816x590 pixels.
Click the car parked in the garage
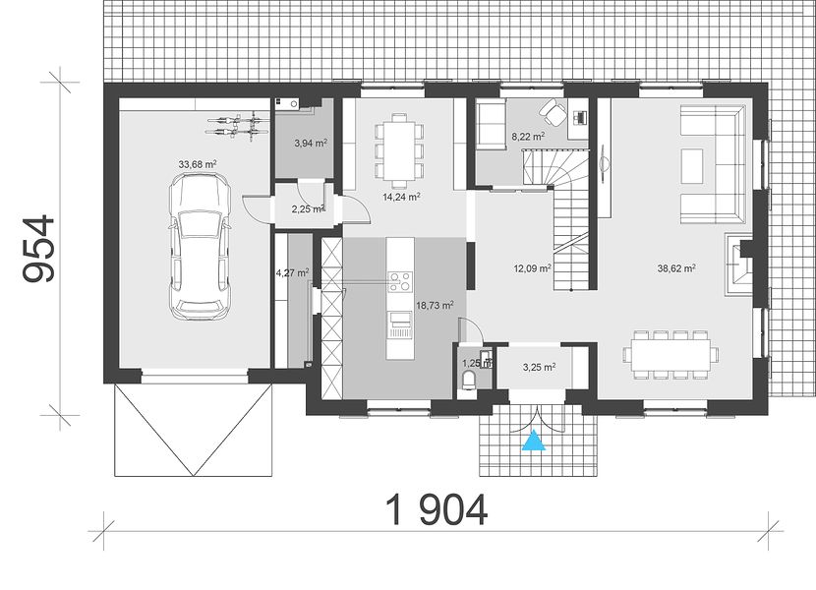click(200, 246)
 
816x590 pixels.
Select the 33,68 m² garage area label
click(198, 164)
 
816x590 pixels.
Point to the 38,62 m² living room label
click(676, 268)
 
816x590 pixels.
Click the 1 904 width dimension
click(437, 509)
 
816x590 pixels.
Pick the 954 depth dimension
click(38, 249)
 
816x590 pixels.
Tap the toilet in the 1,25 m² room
click(468, 381)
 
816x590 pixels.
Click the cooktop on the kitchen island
click(400, 281)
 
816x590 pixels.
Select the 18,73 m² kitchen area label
click(436, 305)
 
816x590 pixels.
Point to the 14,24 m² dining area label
click(400, 197)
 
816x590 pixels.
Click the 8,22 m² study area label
click(528, 137)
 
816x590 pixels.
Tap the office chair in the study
click(553, 110)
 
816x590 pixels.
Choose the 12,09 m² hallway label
click(532, 268)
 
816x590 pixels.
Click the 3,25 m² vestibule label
click(539, 367)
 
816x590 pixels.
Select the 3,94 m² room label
click(311, 144)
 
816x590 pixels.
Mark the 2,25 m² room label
click(309, 209)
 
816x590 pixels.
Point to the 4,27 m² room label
click(292, 271)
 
